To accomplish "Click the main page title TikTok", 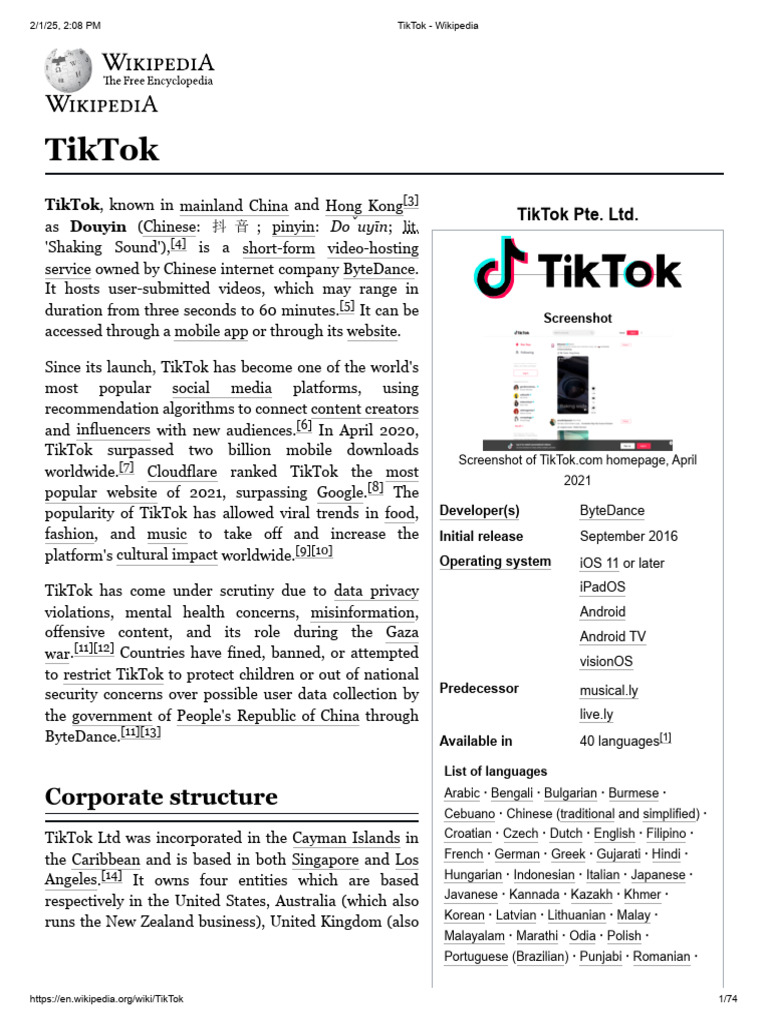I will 102,150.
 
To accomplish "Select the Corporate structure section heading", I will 161,797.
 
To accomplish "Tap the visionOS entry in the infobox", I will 606,661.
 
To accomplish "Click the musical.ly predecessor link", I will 609,691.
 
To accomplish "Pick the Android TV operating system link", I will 613,636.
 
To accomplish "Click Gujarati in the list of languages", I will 618,854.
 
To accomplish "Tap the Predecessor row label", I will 480,689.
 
